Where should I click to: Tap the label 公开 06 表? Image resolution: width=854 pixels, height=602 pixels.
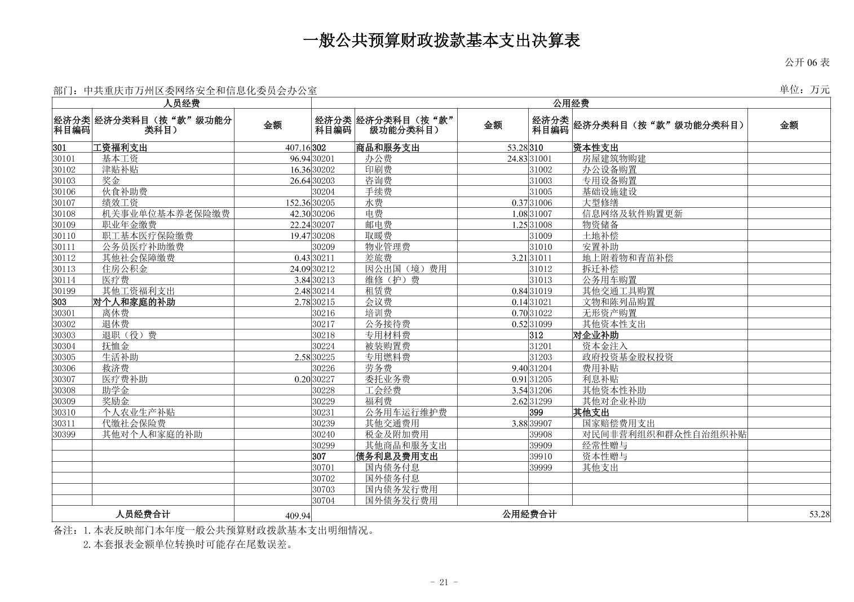[x=807, y=63]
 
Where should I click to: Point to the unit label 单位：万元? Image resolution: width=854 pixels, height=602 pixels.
[x=804, y=90]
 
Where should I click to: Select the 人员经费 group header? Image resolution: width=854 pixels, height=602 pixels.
[x=182, y=103]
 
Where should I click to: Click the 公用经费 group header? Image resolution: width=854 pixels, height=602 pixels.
[x=570, y=103]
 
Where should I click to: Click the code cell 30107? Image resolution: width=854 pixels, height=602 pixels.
[x=64, y=203]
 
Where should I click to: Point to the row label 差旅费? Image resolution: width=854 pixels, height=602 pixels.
[x=378, y=258]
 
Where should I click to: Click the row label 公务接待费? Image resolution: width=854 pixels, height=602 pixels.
[x=387, y=324]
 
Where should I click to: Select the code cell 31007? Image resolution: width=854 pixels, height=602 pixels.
[x=541, y=214]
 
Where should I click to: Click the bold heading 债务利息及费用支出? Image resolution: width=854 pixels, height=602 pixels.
[x=397, y=457]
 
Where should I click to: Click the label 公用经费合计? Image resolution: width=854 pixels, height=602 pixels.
[x=529, y=514]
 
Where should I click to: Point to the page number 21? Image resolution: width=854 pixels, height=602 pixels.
[x=443, y=582]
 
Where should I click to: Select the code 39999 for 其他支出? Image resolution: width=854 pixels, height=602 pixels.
[x=541, y=467]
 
